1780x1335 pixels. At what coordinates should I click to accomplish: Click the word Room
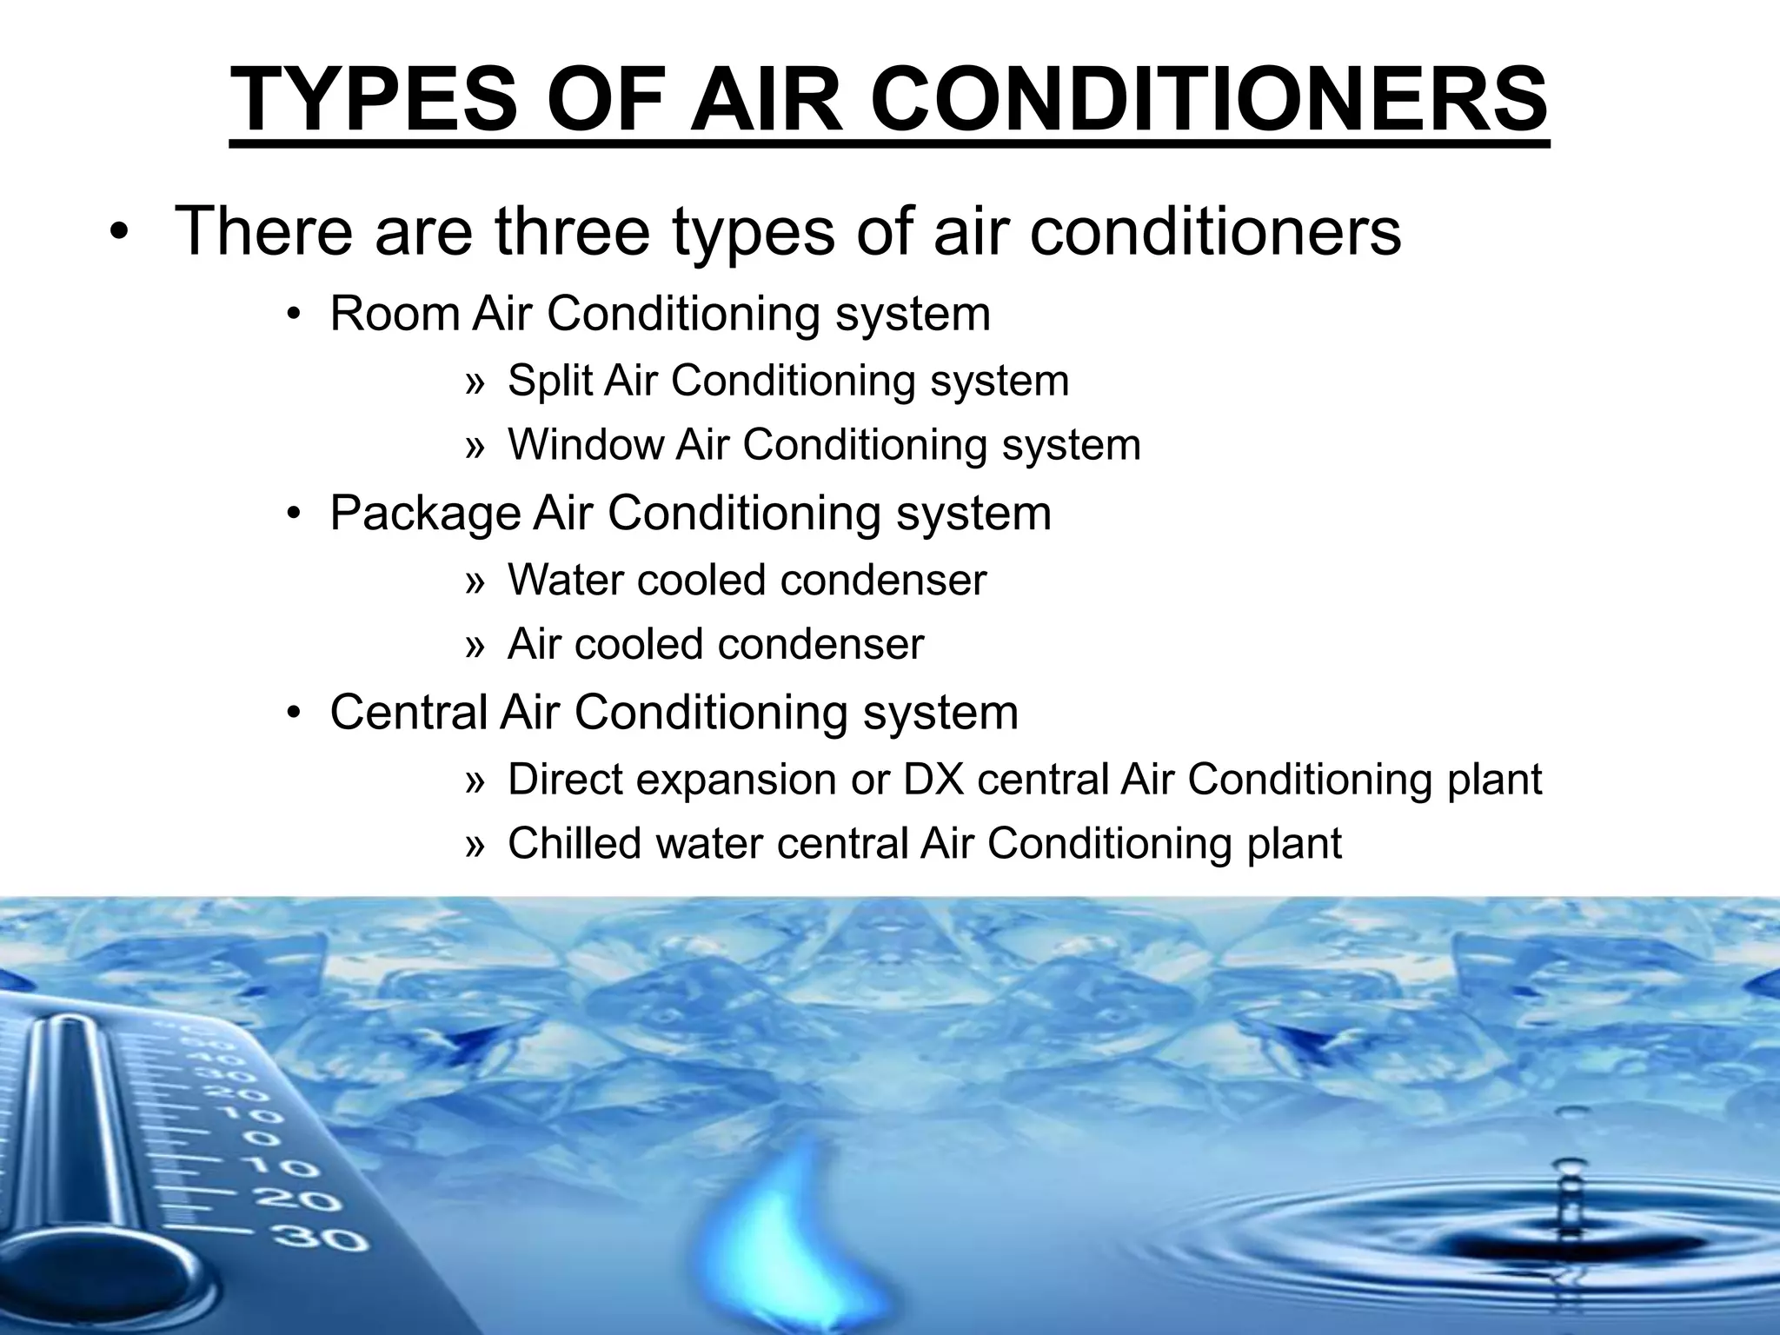coord(395,314)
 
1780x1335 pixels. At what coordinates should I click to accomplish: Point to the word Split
coord(549,381)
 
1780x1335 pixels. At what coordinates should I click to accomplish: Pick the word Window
coord(586,445)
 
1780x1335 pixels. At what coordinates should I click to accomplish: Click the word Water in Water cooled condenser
coord(565,580)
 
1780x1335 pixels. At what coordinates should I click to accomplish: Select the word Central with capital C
coord(408,712)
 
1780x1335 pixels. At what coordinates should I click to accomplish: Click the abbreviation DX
coord(934,779)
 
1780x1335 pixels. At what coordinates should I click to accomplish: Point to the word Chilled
coord(575,843)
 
